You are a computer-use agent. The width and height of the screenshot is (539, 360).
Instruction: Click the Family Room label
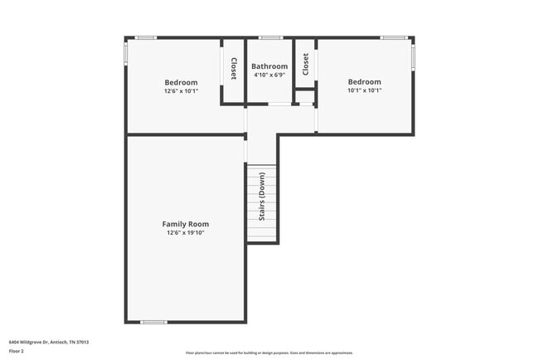tap(185, 224)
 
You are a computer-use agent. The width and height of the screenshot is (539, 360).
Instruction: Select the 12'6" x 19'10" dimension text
tap(185, 233)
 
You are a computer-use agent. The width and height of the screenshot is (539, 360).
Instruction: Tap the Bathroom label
tap(269, 66)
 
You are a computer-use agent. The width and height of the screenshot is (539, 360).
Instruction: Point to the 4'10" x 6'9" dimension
tap(269, 75)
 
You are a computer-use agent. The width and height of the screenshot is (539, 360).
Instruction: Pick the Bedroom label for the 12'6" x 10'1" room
tap(181, 82)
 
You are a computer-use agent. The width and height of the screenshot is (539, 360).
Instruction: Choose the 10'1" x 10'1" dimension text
tap(364, 90)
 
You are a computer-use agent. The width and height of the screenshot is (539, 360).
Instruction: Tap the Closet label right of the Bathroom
tap(305, 65)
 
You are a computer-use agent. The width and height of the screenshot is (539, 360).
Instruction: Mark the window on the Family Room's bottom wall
tap(153, 322)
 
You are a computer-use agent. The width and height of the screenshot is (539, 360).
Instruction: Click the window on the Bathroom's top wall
tap(269, 37)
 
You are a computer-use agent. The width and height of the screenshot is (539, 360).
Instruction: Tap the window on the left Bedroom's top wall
tap(146, 37)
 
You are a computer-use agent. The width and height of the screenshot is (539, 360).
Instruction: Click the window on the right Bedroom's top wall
tap(392, 37)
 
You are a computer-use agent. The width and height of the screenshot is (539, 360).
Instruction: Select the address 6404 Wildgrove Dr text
tap(49, 342)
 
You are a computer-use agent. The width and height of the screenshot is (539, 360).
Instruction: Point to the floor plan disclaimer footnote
tap(269, 353)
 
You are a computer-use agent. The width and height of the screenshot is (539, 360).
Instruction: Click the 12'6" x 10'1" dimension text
tap(181, 91)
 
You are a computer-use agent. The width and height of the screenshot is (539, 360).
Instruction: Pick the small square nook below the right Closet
tap(305, 97)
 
